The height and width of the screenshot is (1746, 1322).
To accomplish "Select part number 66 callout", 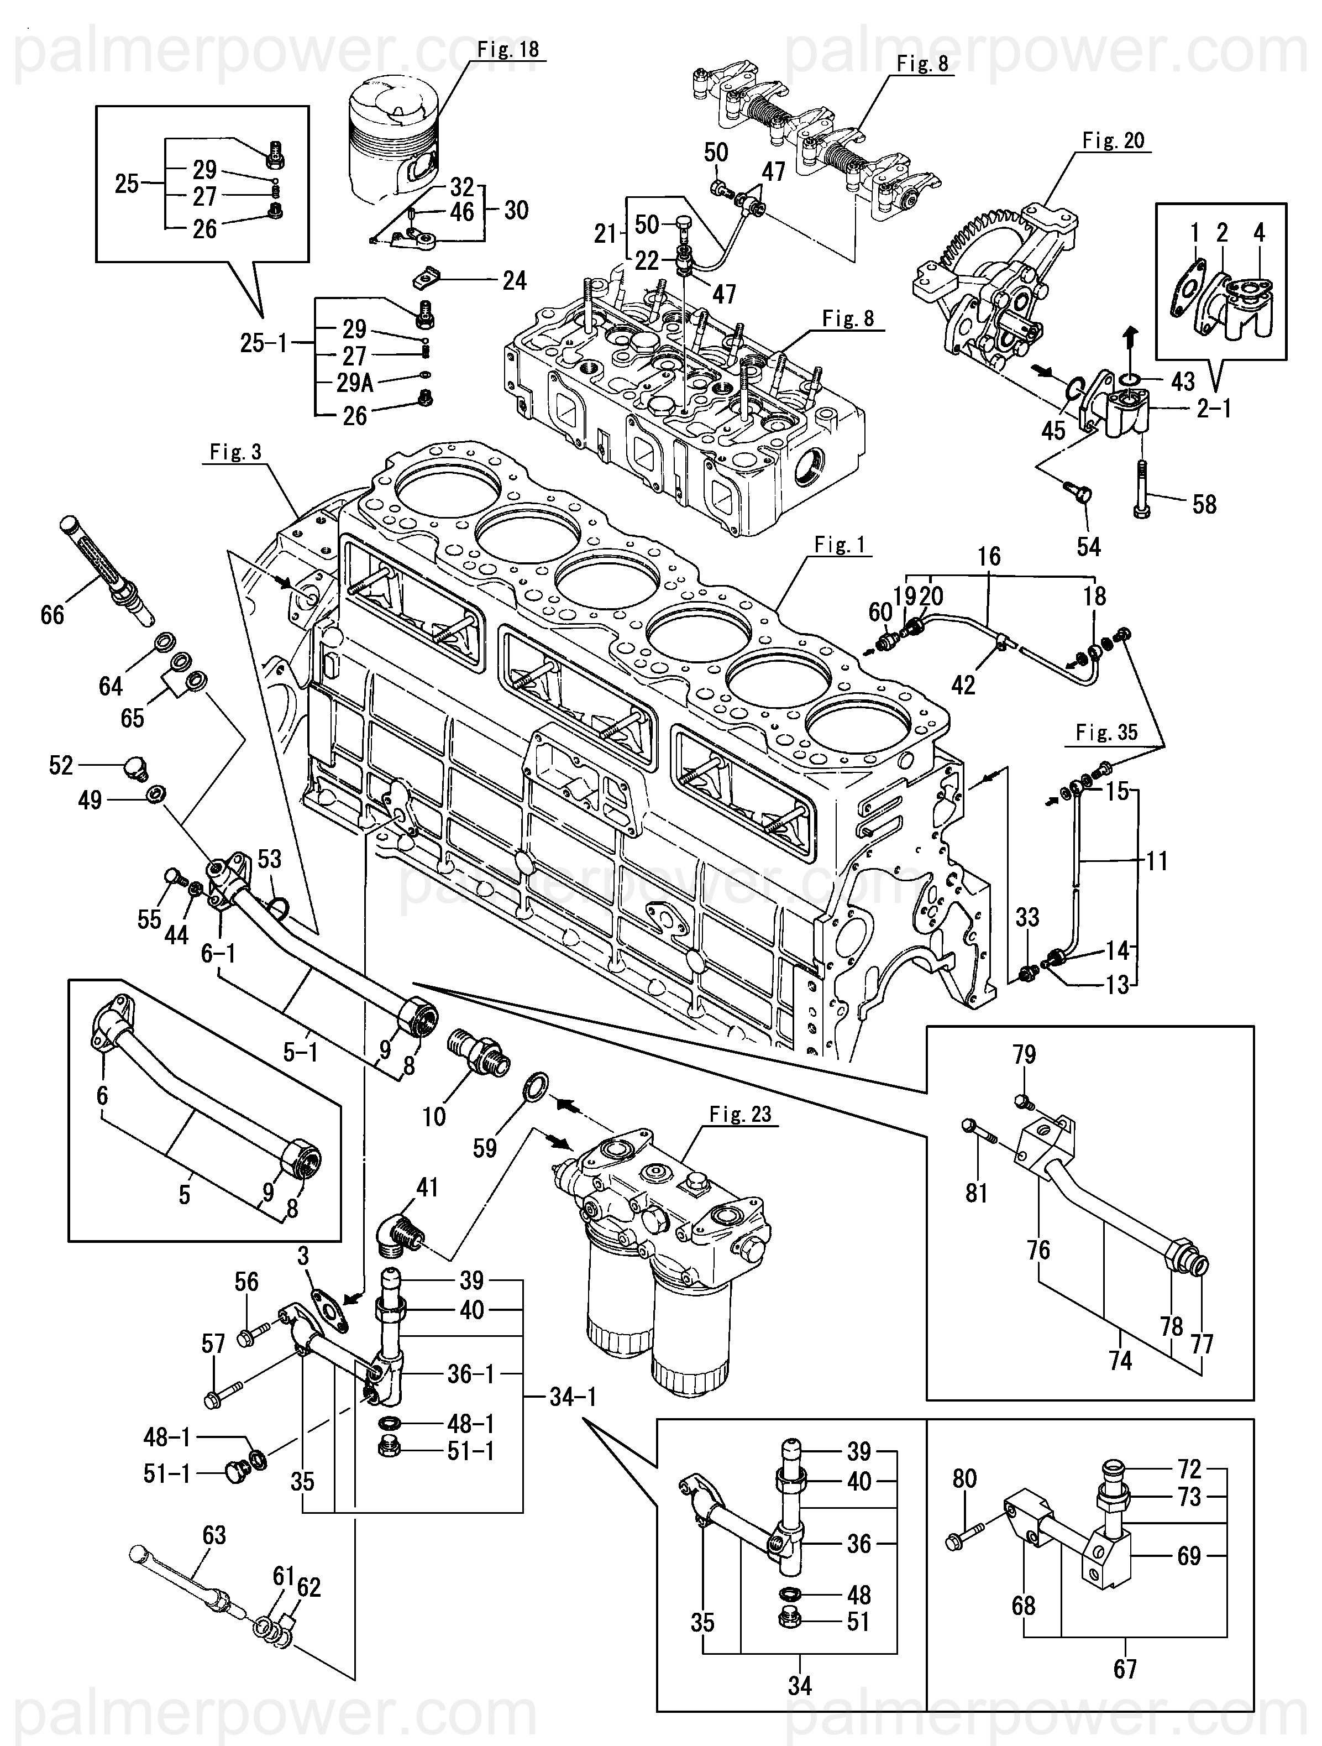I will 52,614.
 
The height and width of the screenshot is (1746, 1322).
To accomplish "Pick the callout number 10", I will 434,1116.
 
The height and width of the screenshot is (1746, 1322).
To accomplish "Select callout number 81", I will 977,1193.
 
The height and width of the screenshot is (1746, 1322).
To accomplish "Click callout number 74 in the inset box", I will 1120,1360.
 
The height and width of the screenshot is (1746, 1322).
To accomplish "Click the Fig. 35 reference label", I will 1106,733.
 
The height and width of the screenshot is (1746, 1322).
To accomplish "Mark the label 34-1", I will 573,1397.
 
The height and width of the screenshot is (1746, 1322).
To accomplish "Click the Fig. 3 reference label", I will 235,452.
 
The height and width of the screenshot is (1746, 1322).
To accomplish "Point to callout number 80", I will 964,1478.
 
